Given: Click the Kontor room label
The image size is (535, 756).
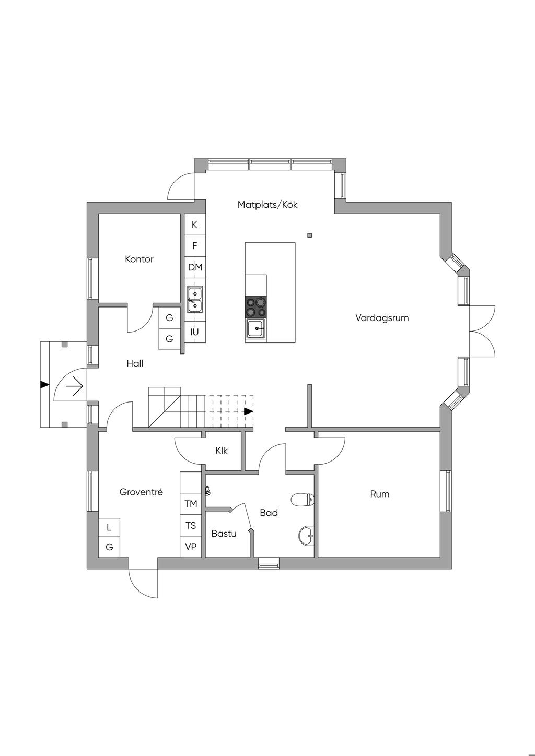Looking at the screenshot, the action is (x=139, y=259).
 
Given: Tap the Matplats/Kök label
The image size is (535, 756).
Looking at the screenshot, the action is (x=267, y=205).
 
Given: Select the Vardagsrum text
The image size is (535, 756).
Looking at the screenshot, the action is (x=382, y=317).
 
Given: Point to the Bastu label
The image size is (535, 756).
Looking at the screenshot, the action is (x=224, y=534).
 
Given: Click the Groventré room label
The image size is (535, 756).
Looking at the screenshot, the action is (x=141, y=492).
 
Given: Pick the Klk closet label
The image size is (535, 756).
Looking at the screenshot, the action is (x=222, y=450).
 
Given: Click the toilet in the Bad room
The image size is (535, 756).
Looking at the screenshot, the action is (x=302, y=500).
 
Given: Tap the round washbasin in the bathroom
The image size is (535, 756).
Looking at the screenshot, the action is (x=307, y=535).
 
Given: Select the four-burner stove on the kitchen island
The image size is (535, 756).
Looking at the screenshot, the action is (x=256, y=307).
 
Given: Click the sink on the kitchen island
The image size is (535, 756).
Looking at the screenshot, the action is (x=256, y=329).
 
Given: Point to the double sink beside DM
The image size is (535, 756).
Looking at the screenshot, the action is (x=195, y=299).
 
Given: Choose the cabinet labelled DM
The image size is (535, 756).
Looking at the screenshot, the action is (x=195, y=267).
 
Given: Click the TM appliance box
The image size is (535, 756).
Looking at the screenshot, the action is (x=191, y=504).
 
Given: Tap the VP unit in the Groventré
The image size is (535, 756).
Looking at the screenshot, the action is (x=191, y=547).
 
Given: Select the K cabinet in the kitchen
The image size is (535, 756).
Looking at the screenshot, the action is (x=195, y=225).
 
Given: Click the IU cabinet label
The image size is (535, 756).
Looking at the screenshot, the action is (x=195, y=332).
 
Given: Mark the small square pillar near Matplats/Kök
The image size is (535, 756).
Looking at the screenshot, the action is (x=310, y=235).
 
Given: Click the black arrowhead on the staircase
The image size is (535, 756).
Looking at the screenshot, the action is (x=249, y=411).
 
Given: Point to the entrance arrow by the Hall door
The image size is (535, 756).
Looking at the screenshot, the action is (x=74, y=387).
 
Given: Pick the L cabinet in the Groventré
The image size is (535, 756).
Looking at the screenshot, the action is (x=109, y=527).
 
